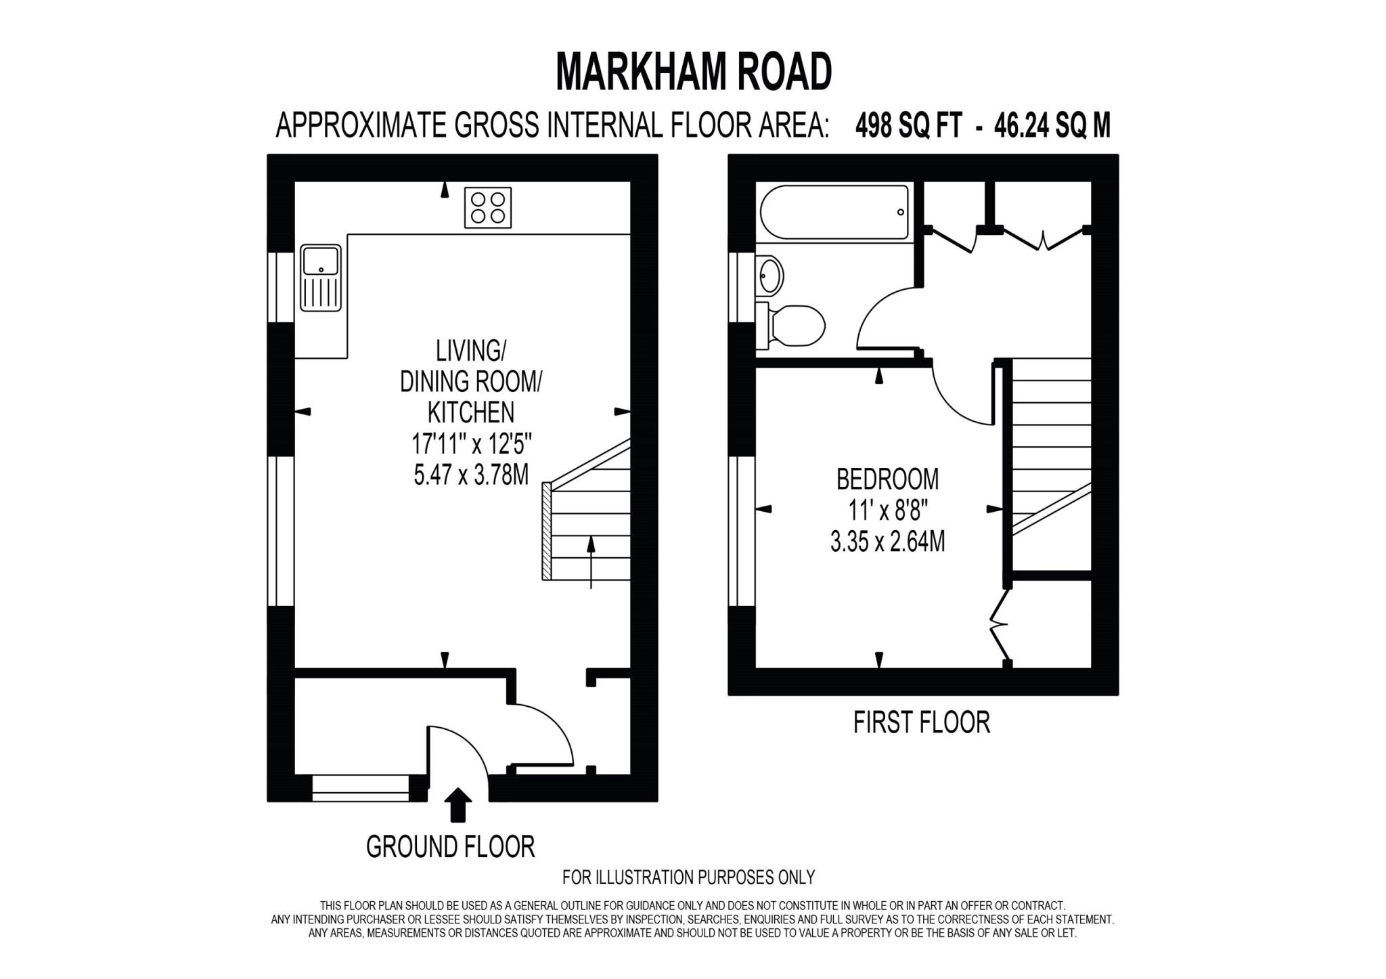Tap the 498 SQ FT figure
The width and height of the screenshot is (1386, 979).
click(x=908, y=125)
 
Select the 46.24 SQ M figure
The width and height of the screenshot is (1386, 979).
click(x=1052, y=125)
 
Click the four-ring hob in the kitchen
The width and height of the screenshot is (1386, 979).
click(x=487, y=207)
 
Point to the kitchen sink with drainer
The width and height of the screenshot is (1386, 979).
click(x=321, y=278)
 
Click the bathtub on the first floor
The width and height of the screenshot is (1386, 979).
click(x=834, y=212)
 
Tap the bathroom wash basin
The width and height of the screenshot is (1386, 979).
click(x=769, y=276)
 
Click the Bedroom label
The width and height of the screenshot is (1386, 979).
click(x=887, y=479)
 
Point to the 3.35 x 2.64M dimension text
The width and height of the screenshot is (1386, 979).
click(x=887, y=542)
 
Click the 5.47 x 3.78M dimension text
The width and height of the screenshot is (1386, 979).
click(x=471, y=474)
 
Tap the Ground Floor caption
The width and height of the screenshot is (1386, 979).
click(x=450, y=846)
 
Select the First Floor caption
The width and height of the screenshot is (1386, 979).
click(x=921, y=722)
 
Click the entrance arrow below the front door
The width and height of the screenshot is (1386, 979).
click(x=459, y=804)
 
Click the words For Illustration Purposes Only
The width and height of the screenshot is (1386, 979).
click(x=688, y=877)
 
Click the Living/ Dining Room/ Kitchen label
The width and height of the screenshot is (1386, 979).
click(x=471, y=381)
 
